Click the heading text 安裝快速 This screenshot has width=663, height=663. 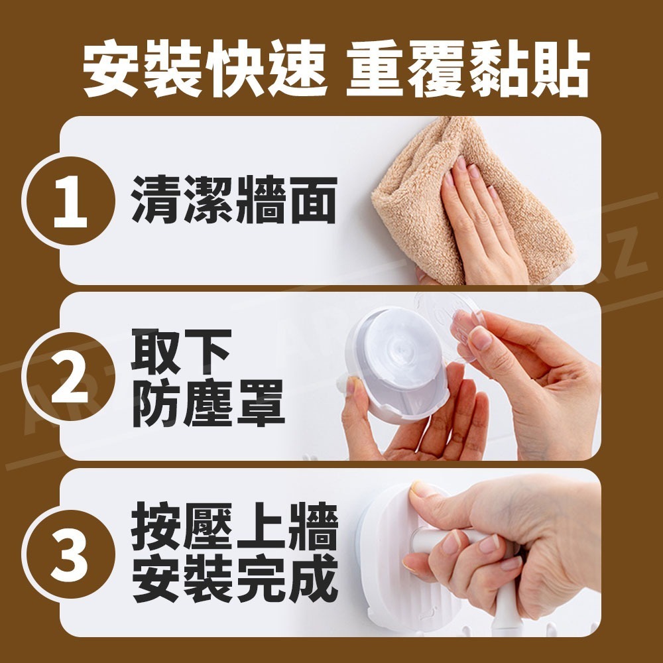click(x=205, y=69)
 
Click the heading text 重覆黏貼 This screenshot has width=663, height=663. click(x=467, y=69)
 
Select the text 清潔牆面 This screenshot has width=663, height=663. click(x=234, y=200)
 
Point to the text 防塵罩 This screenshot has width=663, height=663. click(x=208, y=402)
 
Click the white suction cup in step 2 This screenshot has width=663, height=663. click(x=391, y=365)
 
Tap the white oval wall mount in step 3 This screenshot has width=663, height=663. click(x=398, y=590)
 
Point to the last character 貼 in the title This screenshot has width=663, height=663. click(x=563, y=69)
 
